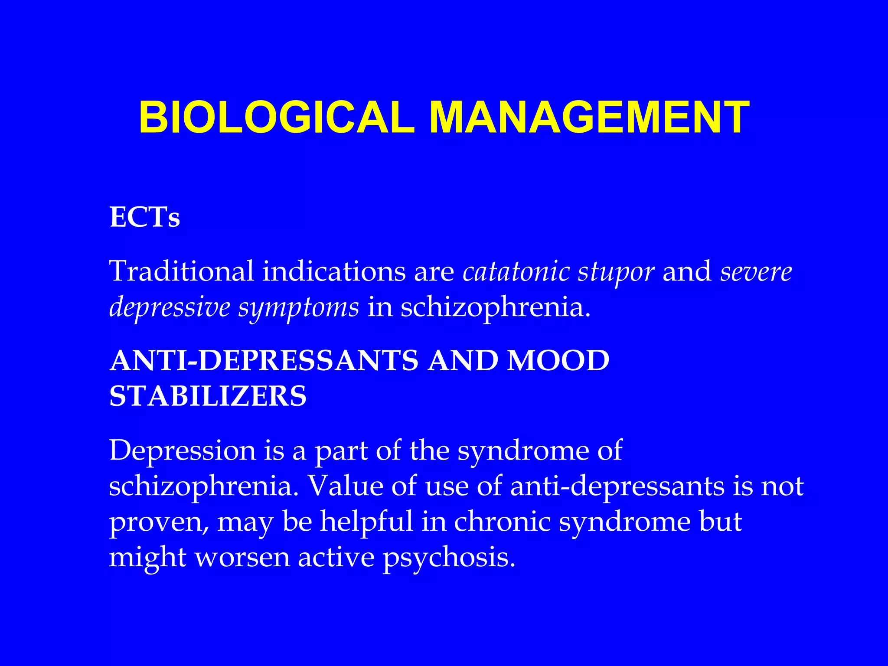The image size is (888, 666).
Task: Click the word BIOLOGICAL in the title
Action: (277, 118)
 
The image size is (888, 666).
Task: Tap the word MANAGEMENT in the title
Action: (589, 118)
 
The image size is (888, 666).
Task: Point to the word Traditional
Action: (181, 271)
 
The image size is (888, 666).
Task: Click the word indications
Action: (334, 271)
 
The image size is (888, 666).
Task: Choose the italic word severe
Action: (756, 271)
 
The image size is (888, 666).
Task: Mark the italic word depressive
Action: (170, 308)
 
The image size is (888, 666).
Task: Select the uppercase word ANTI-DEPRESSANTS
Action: (264, 361)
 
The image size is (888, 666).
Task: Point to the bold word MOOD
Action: (558, 361)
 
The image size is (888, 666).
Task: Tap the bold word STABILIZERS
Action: (208, 396)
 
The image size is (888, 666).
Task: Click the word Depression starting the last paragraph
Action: (183, 451)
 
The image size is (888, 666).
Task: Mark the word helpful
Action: (366, 522)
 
